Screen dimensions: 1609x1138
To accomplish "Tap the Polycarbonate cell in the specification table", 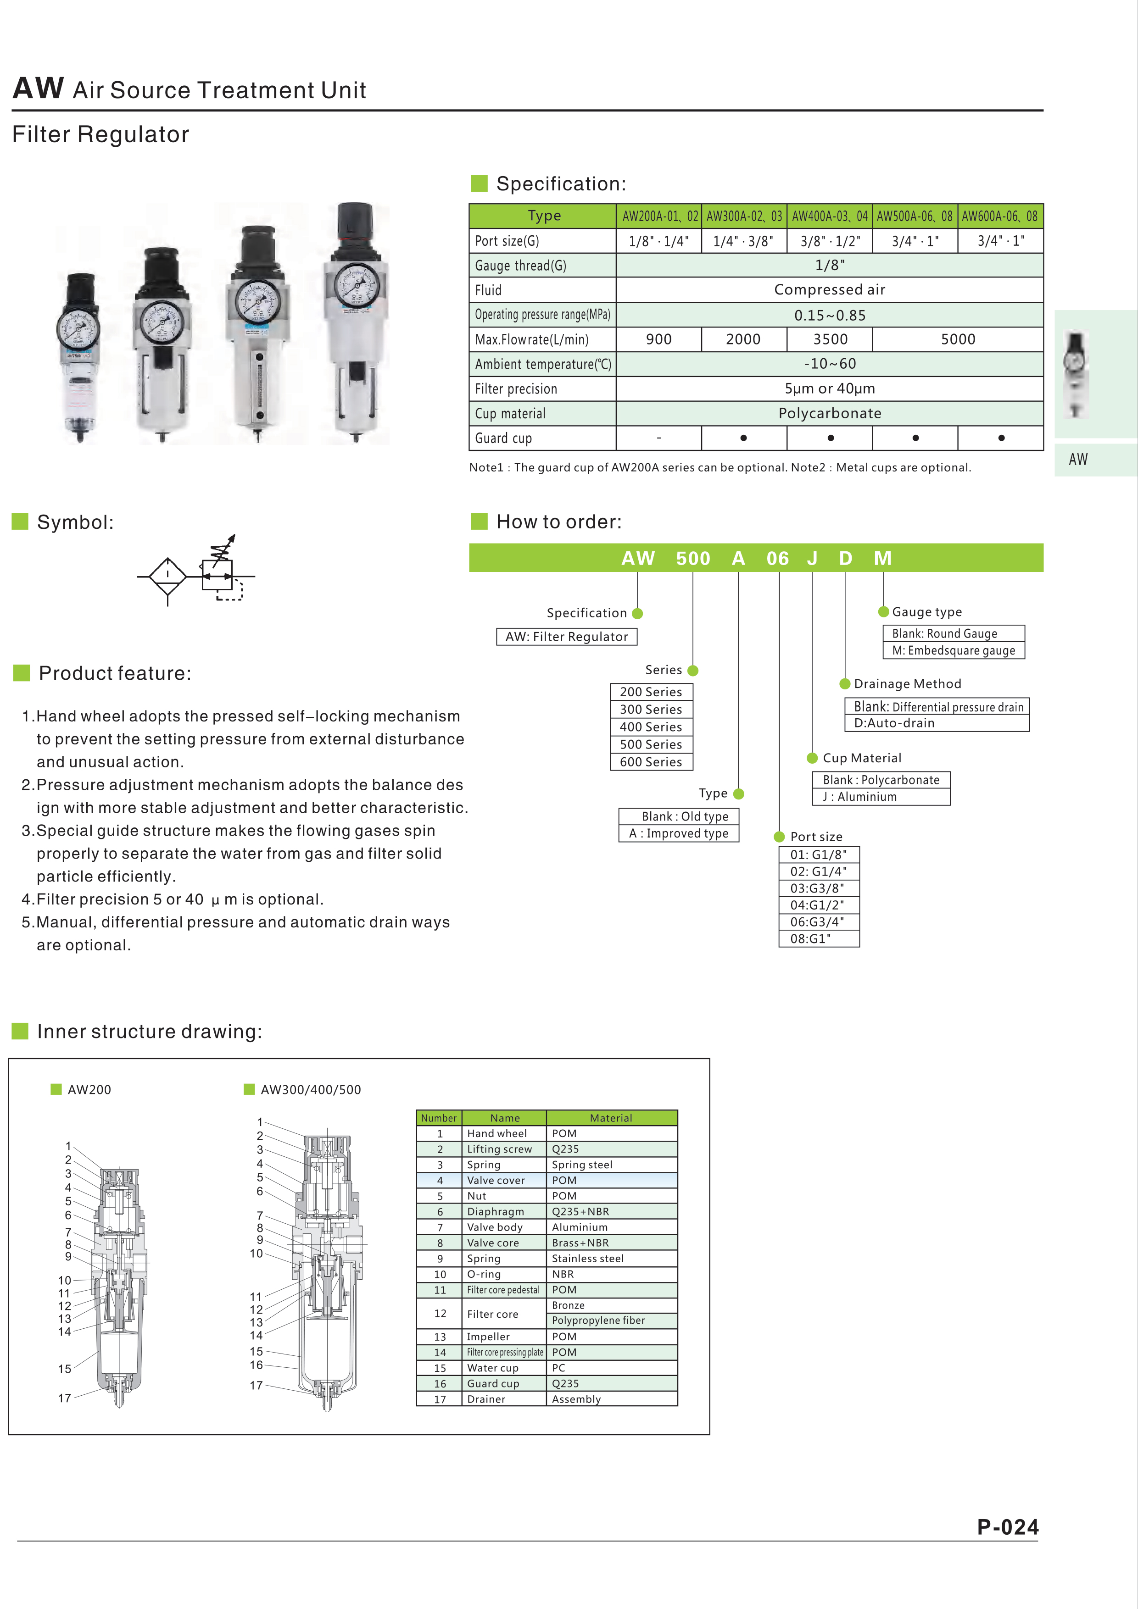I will pos(830,413).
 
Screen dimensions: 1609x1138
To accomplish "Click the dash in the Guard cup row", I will pos(658,438).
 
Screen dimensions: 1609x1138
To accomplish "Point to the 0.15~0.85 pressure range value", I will pos(830,316).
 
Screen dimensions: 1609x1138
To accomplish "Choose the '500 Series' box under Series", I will pos(651,744).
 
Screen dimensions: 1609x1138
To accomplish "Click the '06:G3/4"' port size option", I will pos(818,921).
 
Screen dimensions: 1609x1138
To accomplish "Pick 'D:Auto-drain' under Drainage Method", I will pos(894,723).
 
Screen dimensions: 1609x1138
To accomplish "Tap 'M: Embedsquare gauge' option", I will pos(953,650).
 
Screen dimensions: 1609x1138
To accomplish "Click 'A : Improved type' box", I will pos(679,833).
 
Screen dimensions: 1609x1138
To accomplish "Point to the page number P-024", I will pos(1008,1527).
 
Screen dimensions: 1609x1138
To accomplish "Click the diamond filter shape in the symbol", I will pos(167,576).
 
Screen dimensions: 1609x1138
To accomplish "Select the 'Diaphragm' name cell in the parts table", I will pos(496,1212).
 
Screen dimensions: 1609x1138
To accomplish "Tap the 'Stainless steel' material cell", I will pos(587,1259).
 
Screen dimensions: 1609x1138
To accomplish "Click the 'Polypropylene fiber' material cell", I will pos(598,1320).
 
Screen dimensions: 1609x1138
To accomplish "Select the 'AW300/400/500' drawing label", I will pos(311,1090).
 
